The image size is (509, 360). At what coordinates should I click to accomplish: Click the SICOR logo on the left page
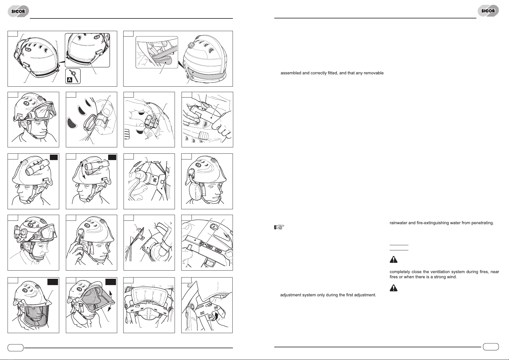click(x=18, y=11)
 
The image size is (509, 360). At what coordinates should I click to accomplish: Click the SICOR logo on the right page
click(x=488, y=11)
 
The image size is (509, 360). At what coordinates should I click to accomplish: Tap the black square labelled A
click(x=69, y=80)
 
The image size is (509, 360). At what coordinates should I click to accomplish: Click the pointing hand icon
click(x=279, y=227)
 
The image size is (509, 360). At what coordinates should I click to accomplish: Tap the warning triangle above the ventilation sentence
click(x=394, y=259)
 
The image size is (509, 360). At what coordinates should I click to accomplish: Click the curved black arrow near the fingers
click(x=215, y=316)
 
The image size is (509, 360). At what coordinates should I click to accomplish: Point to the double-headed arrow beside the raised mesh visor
click(x=111, y=301)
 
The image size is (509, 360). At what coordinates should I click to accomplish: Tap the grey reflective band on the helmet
click(x=206, y=75)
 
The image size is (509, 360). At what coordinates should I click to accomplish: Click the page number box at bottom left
click(x=15, y=348)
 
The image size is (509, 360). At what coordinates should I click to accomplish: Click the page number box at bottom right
click(x=491, y=347)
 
